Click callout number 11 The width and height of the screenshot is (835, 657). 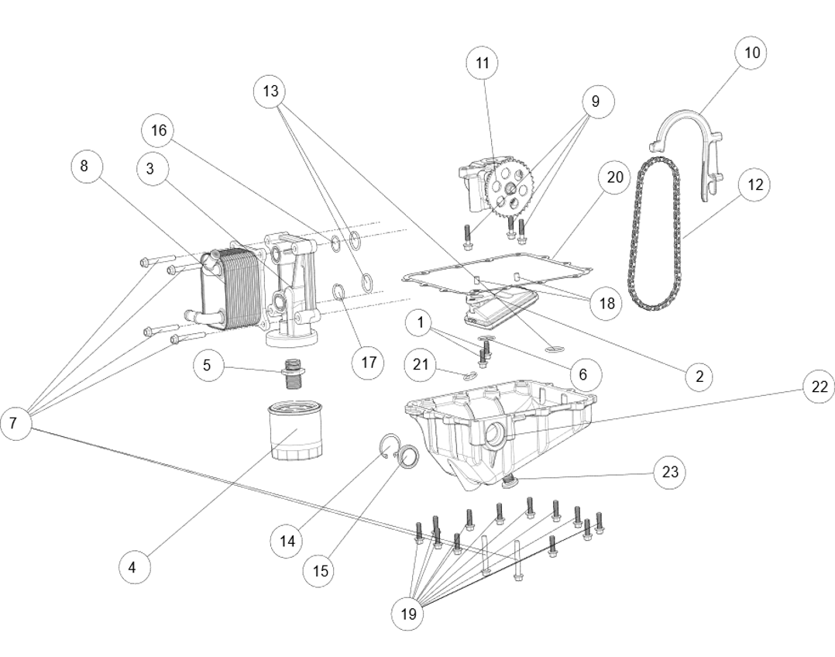click(482, 63)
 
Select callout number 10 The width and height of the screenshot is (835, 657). click(751, 53)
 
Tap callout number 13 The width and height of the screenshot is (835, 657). click(270, 91)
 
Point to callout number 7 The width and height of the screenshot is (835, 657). click(15, 424)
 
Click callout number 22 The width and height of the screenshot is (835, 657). click(819, 387)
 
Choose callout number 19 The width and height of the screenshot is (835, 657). click(407, 614)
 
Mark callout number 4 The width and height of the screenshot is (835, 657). click(134, 567)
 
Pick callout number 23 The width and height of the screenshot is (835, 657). click(669, 472)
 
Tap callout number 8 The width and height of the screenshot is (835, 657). click(85, 167)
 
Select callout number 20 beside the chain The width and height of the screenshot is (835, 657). click(614, 177)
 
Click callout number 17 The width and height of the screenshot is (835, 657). click(368, 363)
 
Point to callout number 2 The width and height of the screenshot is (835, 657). click(699, 377)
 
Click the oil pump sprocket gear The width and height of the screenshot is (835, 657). click(511, 190)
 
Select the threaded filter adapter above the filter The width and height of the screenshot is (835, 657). click(293, 373)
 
